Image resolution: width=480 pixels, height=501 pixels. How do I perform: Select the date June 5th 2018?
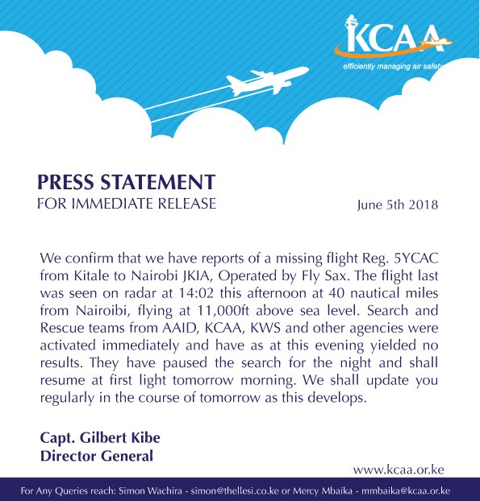click(x=398, y=205)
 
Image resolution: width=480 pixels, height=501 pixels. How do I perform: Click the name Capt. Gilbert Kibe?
click(x=100, y=438)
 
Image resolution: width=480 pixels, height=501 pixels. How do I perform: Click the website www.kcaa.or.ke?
click(x=399, y=469)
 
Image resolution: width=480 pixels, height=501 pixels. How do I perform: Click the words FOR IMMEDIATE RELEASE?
click(x=127, y=204)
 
